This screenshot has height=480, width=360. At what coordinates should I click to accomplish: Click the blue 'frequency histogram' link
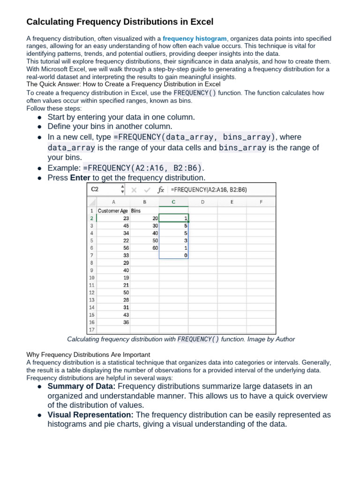pyautogui.click(x=195, y=38)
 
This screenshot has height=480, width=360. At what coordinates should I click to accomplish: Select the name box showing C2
pyautogui.click(x=103, y=190)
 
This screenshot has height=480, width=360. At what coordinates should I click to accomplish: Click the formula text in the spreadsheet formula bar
pyautogui.click(x=209, y=190)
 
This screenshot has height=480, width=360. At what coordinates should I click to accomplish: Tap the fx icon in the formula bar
pyautogui.click(x=161, y=190)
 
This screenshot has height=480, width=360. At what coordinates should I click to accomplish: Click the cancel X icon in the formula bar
pyautogui.click(x=134, y=190)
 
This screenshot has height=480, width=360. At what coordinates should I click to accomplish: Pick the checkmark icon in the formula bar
pyautogui.click(x=147, y=190)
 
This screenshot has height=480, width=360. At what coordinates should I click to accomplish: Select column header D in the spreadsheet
pyautogui.click(x=202, y=202)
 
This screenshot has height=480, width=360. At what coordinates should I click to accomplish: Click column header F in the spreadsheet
pyautogui.click(x=261, y=202)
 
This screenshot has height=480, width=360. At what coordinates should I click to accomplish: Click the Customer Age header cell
pyautogui.click(x=112, y=210)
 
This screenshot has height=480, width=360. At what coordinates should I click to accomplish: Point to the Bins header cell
pyautogui.click(x=136, y=210)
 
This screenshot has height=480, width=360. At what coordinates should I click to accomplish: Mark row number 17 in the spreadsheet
pyautogui.click(x=91, y=330)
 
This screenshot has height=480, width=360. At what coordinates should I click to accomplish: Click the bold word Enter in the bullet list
pyautogui.click(x=80, y=178)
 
